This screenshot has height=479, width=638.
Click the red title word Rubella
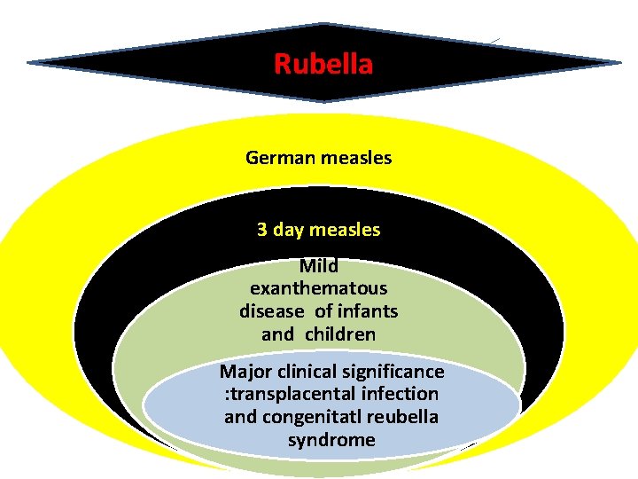(323, 64)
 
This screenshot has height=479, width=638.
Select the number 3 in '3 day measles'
(262, 229)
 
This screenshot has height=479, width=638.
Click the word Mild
(319, 265)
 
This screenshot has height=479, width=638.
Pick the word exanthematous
(319, 288)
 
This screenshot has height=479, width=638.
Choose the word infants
(367, 311)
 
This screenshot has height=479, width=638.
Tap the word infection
(396, 394)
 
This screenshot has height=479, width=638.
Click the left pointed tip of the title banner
(30, 62)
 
